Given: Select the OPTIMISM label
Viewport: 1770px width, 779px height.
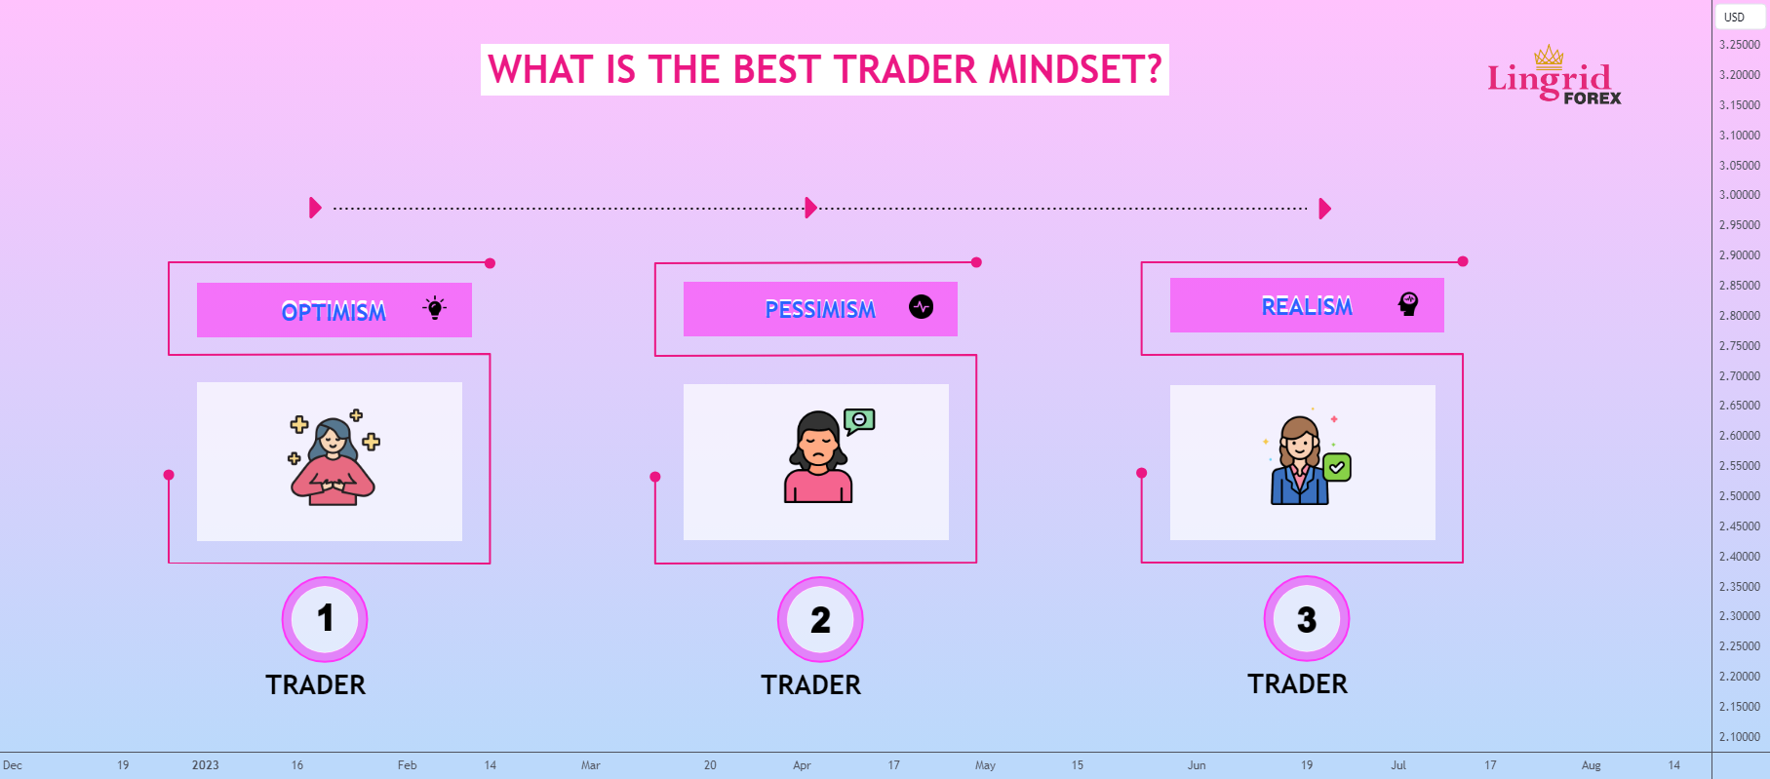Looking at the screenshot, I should tap(334, 312).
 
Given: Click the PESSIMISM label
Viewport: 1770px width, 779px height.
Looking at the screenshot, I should tap(820, 310).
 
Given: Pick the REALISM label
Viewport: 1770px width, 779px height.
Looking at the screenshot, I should tap(1307, 307).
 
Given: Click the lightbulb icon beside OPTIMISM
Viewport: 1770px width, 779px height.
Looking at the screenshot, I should tap(435, 309).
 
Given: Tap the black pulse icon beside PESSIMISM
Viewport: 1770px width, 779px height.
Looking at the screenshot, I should tap(921, 307).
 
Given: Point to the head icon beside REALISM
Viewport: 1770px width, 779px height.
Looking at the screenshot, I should tap(1407, 304).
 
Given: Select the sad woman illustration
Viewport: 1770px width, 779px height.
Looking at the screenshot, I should tap(817, 458).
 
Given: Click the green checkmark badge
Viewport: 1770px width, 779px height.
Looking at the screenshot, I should tap(1337, 468).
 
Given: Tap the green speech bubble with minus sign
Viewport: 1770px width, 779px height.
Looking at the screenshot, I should tap(859, 420).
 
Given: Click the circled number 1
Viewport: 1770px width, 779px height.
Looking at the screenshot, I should tap(325, 619).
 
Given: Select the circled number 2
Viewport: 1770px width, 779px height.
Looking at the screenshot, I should tap(820, 619).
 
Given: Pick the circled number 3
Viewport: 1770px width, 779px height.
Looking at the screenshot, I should tap(1307, 619).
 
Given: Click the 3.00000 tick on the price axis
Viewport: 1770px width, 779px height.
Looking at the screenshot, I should tap(1739, 195).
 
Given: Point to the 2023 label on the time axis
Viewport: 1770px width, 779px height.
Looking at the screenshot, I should tap(205, 765).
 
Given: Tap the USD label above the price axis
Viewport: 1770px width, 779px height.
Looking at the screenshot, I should tap(1734, 17).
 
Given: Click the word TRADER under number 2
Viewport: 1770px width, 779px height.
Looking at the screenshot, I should tap(811, 685).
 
